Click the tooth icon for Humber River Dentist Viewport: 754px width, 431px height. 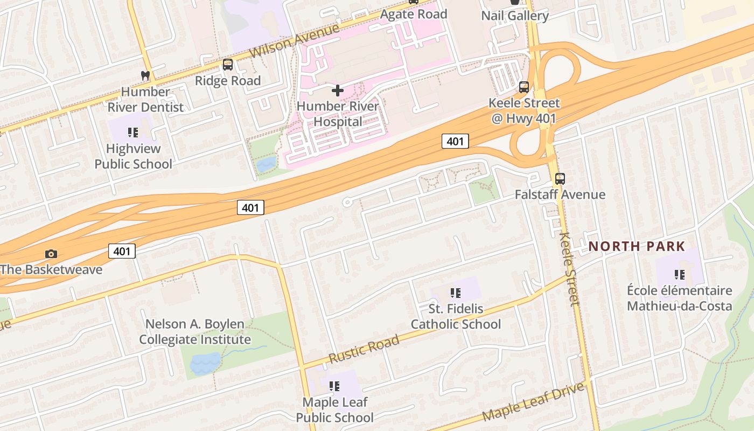coord(145,75)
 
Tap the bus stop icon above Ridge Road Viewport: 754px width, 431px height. coord(228,65)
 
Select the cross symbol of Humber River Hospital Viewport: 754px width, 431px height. coord(338,90)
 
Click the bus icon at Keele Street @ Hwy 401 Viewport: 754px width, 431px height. coord(524,87)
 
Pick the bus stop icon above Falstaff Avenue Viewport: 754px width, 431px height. coord(560,178)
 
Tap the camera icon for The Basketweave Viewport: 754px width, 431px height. coord(51,254)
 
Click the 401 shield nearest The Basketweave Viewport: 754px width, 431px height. coord(122,251)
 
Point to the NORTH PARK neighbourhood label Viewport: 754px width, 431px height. coord(637,247)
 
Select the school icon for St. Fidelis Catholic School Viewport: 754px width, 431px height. coord(456,293)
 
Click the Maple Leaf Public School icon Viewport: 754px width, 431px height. coord(334,386)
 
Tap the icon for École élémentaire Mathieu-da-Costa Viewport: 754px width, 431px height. coord(680,275)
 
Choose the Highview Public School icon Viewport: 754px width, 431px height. coord(133,132)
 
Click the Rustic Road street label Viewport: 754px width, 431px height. coord(364,349)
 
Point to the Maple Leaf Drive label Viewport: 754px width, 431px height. coord(533,402)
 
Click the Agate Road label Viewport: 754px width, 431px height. coord(414,14)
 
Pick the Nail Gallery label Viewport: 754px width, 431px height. coord(515,16)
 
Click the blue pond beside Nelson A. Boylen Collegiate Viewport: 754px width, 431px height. coord(205,364)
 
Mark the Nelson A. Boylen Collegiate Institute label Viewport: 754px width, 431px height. coord(195,332)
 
